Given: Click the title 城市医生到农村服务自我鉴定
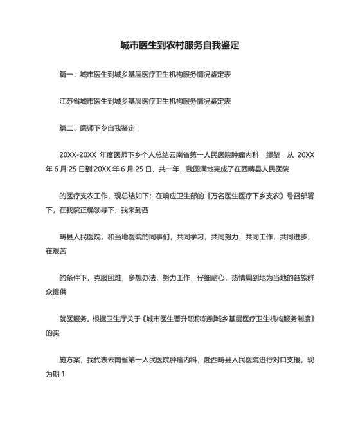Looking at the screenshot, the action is [x=180, y=46].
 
